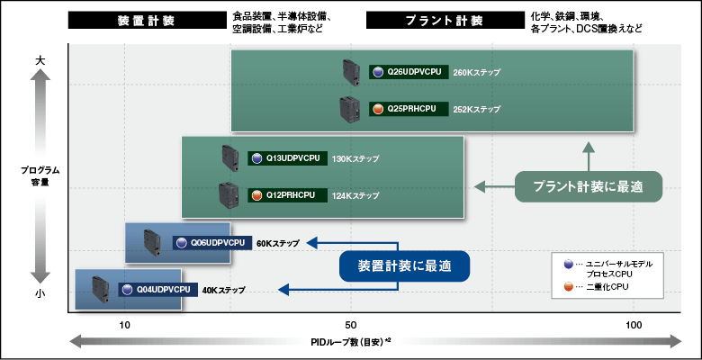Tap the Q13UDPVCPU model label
288,158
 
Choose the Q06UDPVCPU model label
212,243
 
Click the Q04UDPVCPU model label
158,290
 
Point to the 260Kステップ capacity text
477,72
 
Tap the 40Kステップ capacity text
224,290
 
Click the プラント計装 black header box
442,21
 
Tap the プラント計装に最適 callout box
588,186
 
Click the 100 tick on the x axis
634,325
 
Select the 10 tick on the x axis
125,325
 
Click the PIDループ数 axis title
351,342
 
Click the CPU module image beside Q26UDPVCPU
350,72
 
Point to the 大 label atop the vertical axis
40,59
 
